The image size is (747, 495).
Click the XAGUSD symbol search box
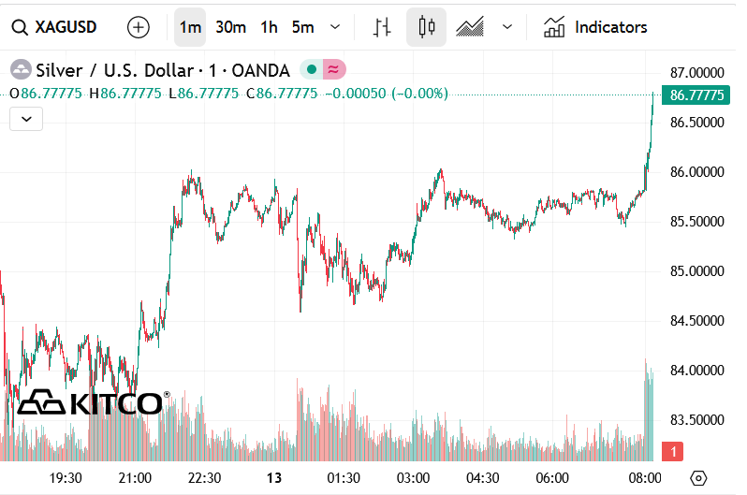56,27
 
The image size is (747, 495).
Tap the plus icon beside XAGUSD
139,27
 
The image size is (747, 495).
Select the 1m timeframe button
189,27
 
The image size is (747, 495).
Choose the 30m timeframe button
230,27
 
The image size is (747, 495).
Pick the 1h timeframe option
269,27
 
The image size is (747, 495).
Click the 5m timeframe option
302,27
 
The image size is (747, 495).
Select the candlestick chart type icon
427,27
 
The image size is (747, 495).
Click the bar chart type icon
381,27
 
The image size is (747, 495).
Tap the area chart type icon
469,27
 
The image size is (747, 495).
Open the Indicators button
595,27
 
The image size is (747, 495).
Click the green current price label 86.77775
697,95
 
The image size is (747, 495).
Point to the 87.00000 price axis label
697,72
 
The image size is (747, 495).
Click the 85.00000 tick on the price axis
697,271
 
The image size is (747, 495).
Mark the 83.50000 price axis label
697,420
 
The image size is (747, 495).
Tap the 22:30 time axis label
204,477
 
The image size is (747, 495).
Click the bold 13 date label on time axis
274,477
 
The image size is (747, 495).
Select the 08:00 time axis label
644,477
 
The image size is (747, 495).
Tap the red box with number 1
672,453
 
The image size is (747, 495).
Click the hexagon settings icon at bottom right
698,477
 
